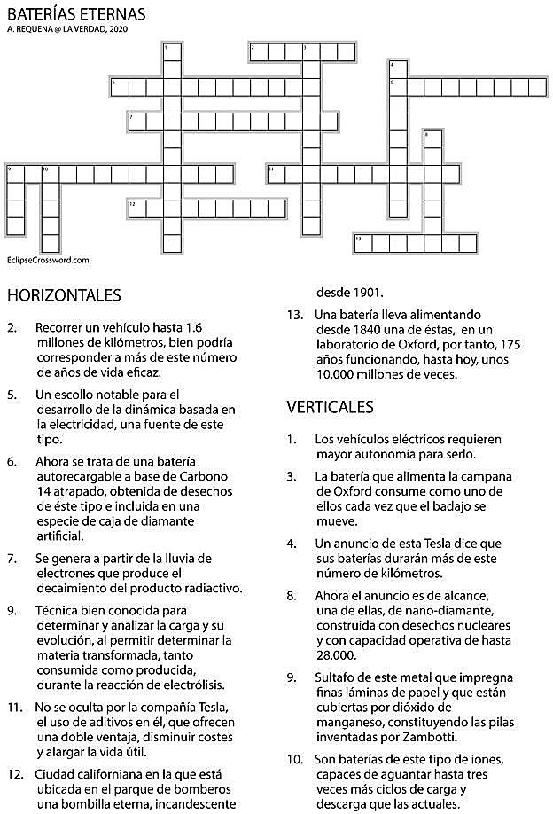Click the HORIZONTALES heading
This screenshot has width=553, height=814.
pyautogui.click(x=63, y=294)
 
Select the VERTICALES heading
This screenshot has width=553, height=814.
pyautogui.click(x=330, y=407)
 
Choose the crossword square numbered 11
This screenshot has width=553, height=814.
pyautogui.click(x=276, y=173)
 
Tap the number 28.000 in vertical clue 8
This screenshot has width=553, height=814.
pyautogui.click(x=337, y=655)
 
